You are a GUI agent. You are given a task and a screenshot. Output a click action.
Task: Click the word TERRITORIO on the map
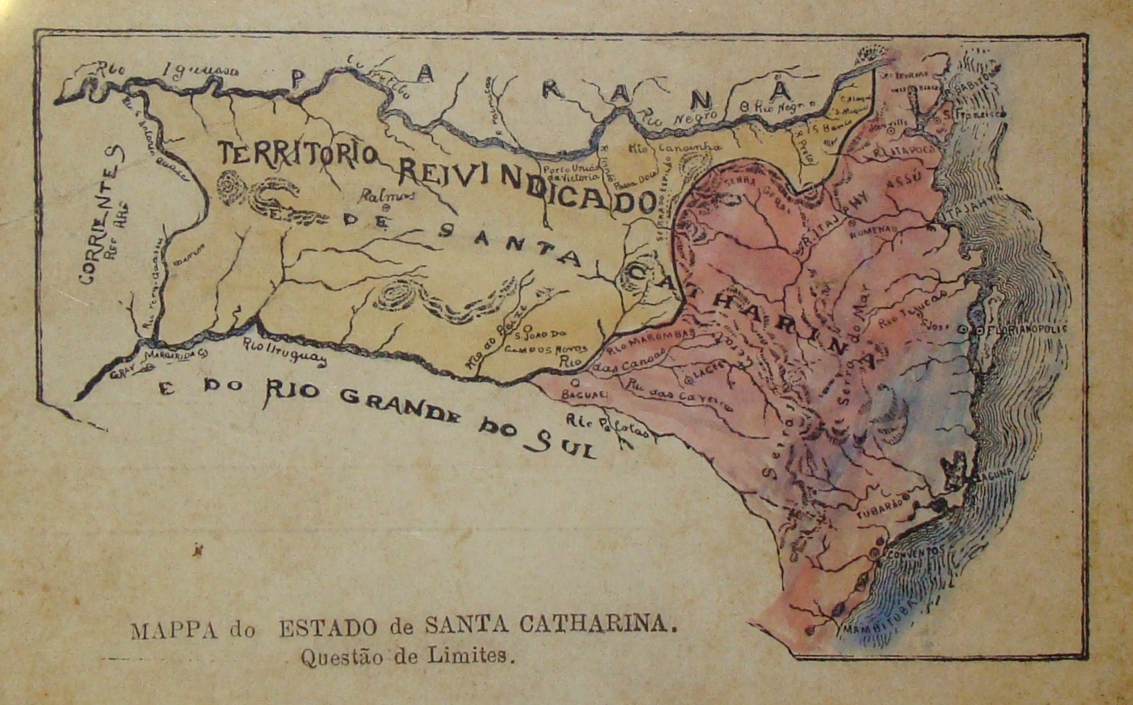pos(297,153)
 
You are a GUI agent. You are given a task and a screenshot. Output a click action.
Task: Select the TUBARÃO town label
pos(881,510)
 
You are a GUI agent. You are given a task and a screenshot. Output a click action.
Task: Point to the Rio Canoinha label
pos(674,148)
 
